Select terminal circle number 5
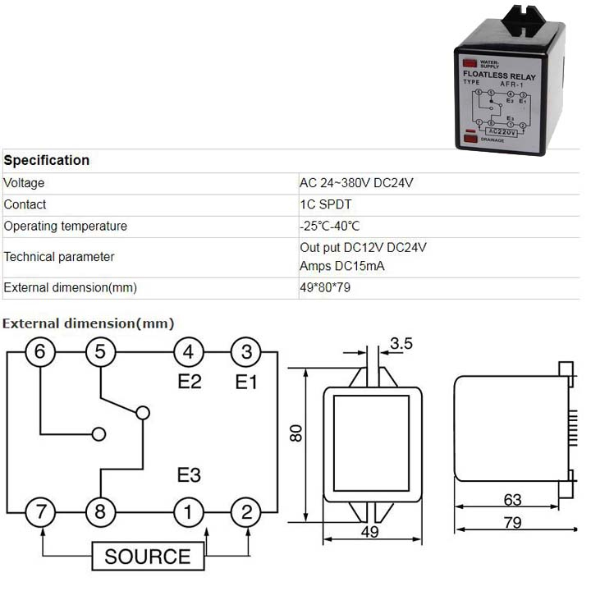point(100,352)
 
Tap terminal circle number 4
point(188,352)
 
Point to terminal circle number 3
point(245,352)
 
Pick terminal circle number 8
point(100,513)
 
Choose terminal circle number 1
point(188,513)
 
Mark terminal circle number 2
point(245,513)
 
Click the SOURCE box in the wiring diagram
point(147,557)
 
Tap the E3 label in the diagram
point(190,475)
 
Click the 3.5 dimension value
point(401,344)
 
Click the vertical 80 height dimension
point(296,433)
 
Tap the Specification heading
point(47,160)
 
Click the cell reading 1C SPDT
point(323,204)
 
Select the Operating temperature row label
point(66,226)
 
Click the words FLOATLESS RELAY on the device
point(499,76)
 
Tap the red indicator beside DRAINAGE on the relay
point(471,140)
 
